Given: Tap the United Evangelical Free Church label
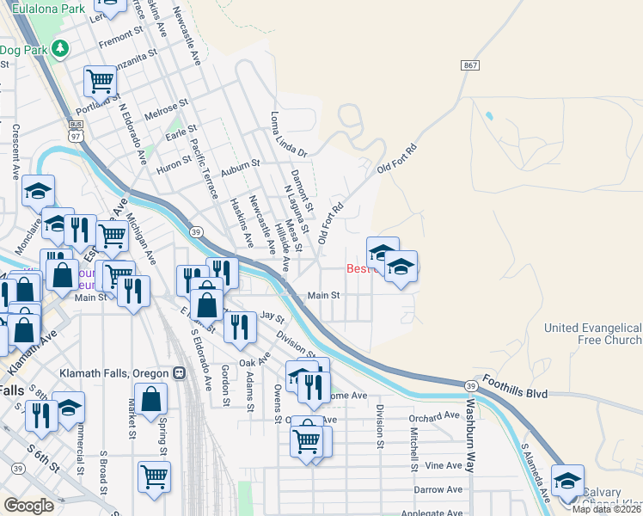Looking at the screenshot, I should click(x=593, y=334).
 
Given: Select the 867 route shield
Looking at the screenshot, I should click(x=469, y=65).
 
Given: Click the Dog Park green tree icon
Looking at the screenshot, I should click(x=60, y=48).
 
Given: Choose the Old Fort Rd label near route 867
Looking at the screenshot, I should click(x=399, y=159).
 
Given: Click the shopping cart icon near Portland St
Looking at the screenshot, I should click(x=101, y=82).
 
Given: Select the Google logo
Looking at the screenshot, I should click(x=28, y=506).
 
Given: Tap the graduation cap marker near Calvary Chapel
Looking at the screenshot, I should click(x=567, y=481).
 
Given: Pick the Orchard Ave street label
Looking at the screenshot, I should click(x=435, y=416).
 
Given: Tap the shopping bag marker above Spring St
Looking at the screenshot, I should click(x=150, y=400).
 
